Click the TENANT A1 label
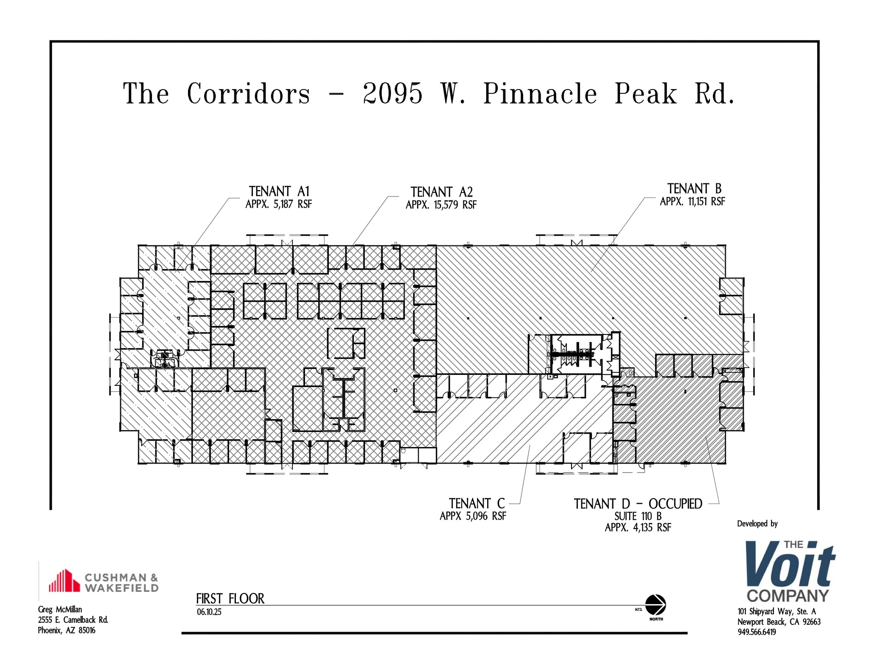tap(279, 191)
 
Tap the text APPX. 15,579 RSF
tap(441, 205)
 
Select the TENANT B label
tap(694, 188)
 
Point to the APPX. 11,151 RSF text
tap(692, 202)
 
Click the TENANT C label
tap(477, 503)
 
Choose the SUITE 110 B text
tap(638, 516)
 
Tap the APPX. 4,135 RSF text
tap(638, 528)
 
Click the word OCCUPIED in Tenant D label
tap(675, 504)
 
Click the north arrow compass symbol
tap(656, 605)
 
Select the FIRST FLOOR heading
tap(230, 599)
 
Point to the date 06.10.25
tap(209, 612)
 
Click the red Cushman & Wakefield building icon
tap(64, 581)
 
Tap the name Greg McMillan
tap(60, 610)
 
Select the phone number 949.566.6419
tap(757, 632)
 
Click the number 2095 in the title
tap(393, 93)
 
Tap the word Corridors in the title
tap(248, 93)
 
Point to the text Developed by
tap(757, 524)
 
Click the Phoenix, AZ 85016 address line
tap(67, 630)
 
